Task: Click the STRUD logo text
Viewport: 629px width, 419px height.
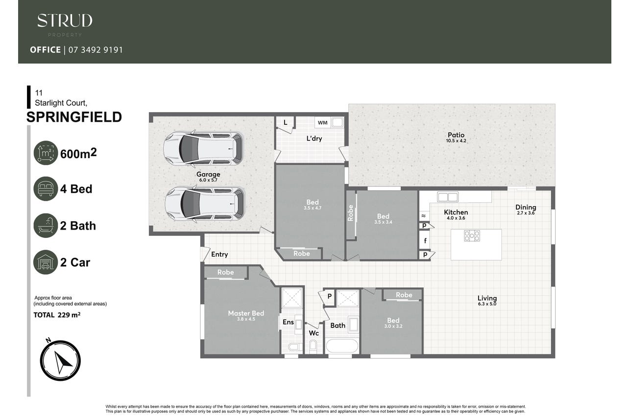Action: tap(65, 21)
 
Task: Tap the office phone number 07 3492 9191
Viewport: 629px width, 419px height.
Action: tap(96, 50)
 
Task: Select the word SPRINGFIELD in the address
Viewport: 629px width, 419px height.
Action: tap(74, 117)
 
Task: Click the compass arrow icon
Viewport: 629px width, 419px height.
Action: tap(60, 361)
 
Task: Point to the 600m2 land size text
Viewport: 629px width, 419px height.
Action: tap(78, 153)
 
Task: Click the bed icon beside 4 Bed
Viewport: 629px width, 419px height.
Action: tap(46, 188)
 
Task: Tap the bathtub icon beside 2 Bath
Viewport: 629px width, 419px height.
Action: tap(46, 225)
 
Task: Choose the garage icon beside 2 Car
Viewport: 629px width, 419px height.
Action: tap(46, 262)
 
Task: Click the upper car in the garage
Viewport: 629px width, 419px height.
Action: tap(203, 148)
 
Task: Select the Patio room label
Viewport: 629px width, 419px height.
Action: tap(456, 135)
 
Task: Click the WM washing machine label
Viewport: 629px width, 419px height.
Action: tap(323, 123)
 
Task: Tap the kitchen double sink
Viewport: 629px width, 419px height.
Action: tap(448, 197)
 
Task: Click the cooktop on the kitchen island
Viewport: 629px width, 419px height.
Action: tap(472, 236)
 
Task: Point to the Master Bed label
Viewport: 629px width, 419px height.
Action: tap(246, 313)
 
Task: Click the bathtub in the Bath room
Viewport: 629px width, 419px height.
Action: tap(342, 346)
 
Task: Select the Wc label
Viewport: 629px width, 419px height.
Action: tap(314, 333)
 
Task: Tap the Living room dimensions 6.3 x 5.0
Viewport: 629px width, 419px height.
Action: tap(487, 304)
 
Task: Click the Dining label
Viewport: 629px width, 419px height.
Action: tap(526, 208)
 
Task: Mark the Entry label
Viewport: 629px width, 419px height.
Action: tap(219, 254)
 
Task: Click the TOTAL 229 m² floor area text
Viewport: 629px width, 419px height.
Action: tap(57, 315)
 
